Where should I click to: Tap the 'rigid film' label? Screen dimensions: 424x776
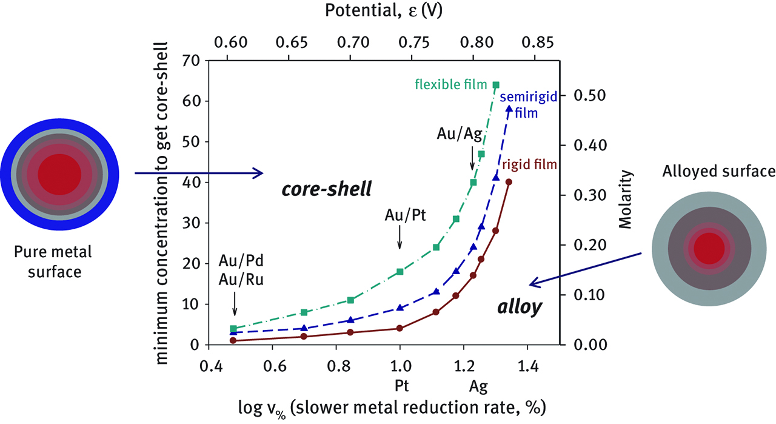click(529, 164)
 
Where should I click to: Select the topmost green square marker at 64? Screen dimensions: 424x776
click(496, 85)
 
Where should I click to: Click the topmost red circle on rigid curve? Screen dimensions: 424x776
click(509, 182)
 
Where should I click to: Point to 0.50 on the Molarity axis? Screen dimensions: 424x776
click(589, 96)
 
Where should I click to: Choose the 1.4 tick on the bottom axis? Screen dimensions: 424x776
click(527, 368)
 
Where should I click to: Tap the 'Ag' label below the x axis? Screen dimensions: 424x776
click(478, 386)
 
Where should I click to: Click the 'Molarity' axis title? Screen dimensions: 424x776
click(626, 199)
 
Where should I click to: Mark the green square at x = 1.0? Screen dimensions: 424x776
click(400, 272)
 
